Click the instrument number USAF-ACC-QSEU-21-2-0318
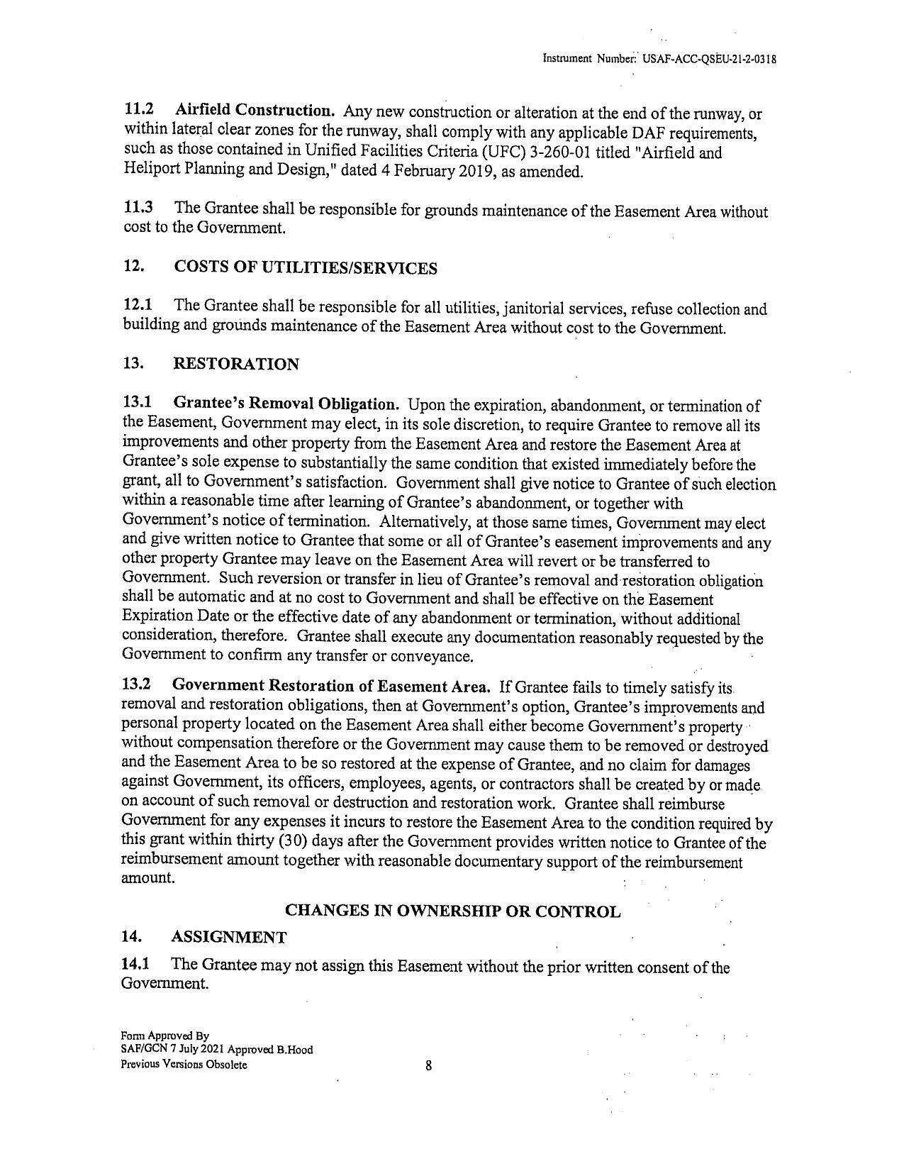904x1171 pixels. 709,60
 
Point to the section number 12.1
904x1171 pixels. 139,306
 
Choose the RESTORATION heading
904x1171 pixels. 236,365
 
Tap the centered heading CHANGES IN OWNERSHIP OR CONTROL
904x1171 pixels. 452,911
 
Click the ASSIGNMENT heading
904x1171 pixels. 229,937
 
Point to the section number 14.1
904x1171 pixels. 138,965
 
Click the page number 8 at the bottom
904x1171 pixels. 429,1065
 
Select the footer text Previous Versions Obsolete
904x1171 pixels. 184,1065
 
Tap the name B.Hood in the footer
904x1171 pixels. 296,1050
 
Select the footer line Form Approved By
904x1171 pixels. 164,1036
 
